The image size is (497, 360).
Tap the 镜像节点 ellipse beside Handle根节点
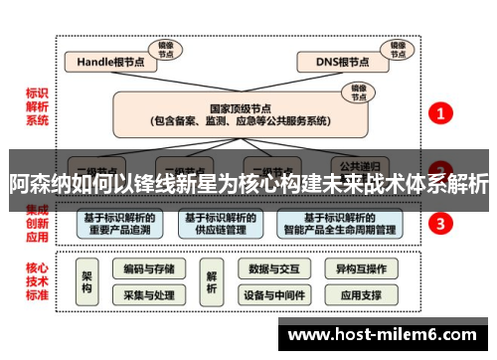point(164,48)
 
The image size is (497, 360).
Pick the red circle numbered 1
point(440,113)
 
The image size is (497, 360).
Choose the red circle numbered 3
point(440,223)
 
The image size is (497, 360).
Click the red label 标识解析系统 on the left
point(37,107)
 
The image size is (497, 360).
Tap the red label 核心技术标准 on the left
point(37,281)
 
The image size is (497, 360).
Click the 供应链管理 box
point(220,223)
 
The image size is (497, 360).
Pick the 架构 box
point(86,281)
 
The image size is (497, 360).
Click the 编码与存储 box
point(149,269)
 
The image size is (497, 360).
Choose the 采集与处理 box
point(149,295)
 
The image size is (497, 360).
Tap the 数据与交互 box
point(272,269)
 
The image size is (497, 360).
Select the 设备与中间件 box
point(272,295)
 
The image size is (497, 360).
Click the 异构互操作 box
point(360,269)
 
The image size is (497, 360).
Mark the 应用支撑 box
point(360,295)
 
